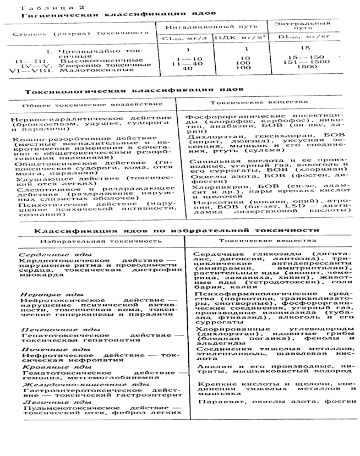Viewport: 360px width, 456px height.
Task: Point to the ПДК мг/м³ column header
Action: (240, 38)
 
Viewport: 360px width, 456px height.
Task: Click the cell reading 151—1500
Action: (308, 62)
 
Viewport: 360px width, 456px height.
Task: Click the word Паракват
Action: (215, 402)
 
